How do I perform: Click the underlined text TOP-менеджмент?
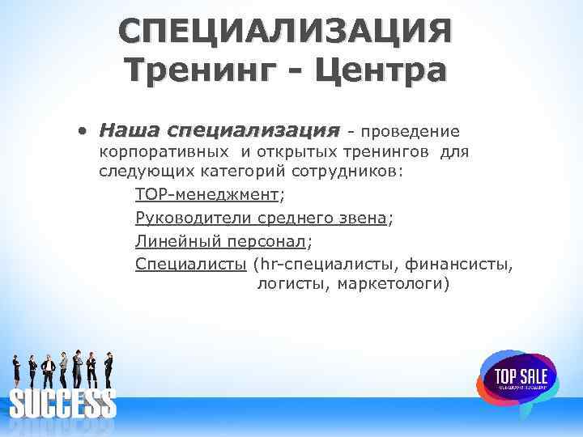click(206, 195)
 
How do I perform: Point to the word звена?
click(363, 218)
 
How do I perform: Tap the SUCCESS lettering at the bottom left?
click(62, 403)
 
